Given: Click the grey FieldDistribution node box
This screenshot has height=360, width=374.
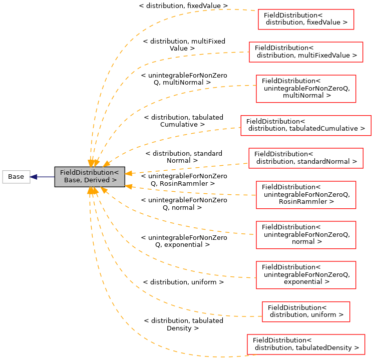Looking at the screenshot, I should click(90, 177).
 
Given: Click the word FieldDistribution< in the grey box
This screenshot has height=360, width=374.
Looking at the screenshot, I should click(90, 173).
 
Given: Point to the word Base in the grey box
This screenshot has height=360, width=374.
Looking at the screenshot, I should click(72, 180).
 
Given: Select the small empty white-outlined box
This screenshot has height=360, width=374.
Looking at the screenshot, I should click(16, 177).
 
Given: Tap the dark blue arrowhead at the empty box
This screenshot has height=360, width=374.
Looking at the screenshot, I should click(34, 177).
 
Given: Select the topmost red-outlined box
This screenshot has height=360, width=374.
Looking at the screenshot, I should click(306, 20).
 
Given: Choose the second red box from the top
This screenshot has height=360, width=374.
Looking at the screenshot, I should click(306, 52).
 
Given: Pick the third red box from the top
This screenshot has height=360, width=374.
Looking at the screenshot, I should click(306, 89).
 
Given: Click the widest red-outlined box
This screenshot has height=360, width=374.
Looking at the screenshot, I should click(305, 126).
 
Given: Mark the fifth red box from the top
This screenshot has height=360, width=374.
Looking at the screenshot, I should click(305, 158).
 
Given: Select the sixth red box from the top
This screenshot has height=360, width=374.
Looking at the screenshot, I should click(306, 195).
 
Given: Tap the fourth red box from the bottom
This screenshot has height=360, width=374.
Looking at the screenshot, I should click(306, 235).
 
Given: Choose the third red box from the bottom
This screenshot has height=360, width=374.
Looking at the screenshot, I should click(306, 275).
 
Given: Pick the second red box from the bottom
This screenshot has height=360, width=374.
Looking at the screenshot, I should click(306, 312).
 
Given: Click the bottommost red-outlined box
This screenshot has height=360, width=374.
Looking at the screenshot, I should click(306, 344).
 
